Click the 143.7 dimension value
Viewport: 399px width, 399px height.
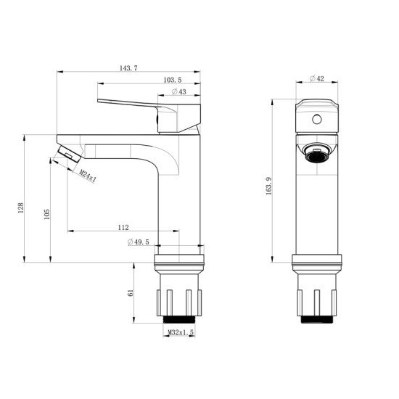pyautogui.click(x=128, y=68)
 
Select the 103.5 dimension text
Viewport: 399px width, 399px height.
pyautogui.click(x=173, y=80)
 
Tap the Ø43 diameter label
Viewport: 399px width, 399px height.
pyautogui.click(x=179, y=91)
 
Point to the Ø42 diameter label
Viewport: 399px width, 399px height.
pyautogui.click(x=317, y=78)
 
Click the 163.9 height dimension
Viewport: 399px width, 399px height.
pyautogui.click(x=269, y=186)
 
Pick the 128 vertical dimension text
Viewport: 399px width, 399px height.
pyautogui.click(x=20, y=208)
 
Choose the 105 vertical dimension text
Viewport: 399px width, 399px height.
pyautogui.click(x=47, y=214)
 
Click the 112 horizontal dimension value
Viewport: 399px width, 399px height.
pyautogui.click(x=123, y=227)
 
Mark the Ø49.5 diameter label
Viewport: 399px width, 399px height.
pyautogui.click(x=139, y=242)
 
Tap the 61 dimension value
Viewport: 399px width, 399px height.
pyautogui.click(x=131, y=293)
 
